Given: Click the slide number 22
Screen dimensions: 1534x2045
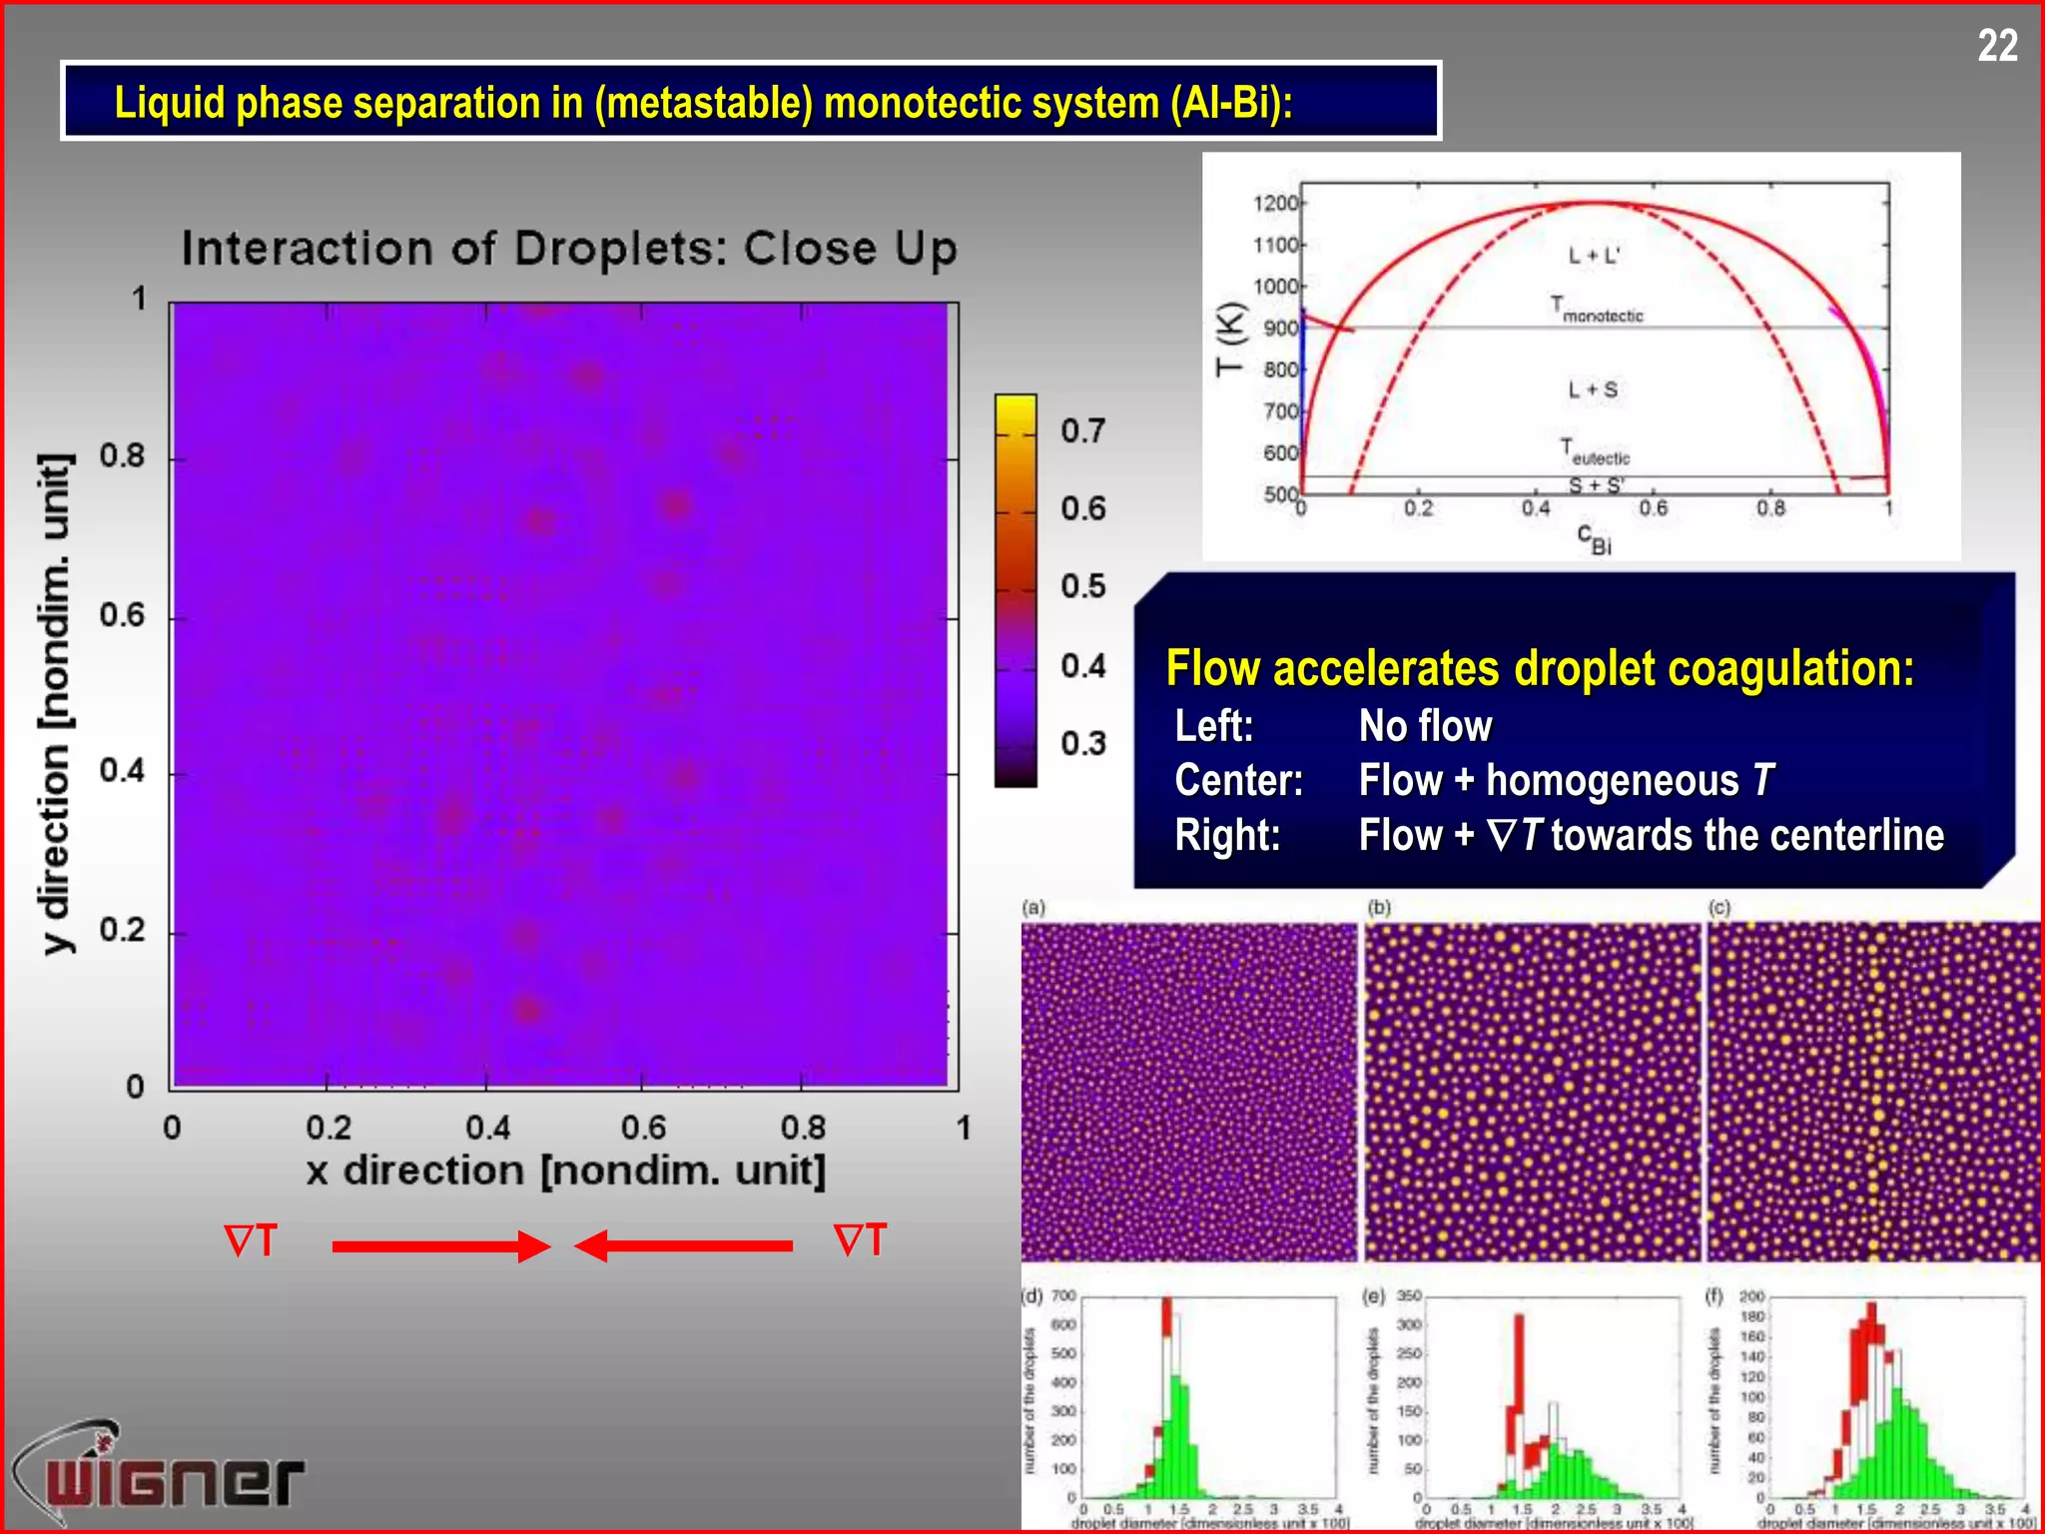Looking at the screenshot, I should [x=1997, y=46].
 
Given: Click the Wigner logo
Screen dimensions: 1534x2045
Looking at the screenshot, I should [x=160, y=1474].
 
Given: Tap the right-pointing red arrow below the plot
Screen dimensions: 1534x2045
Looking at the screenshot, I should [x=440, y=1245].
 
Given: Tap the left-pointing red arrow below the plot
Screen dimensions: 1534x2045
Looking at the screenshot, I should [x=684, y=1245].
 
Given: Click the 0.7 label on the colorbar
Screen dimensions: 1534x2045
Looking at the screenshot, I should [x=1082, y=431].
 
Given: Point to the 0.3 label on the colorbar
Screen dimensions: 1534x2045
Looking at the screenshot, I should [x=1082, y=743].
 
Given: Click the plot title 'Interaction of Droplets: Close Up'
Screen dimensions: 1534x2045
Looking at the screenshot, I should [x=569, y=248].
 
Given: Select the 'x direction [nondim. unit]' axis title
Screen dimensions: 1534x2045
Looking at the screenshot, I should [x=566, y=1169].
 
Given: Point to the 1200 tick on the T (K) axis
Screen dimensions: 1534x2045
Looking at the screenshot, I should [x=1275, y=203].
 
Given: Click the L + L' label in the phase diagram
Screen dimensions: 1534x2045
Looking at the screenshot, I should [x=1594, y=256].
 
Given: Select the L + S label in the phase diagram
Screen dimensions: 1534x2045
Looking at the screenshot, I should [x=1593, y=389].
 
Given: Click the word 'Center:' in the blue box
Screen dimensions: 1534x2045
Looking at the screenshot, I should [x=1238, y=780].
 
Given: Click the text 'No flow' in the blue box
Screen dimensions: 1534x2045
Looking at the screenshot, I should [x=1425, y=726].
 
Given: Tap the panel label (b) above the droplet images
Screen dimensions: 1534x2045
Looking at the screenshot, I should [x=1379, y=907].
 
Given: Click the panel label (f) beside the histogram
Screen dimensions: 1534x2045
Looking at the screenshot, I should [x=1714, y=1296].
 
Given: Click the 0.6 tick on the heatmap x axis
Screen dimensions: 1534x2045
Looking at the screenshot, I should [x=643, y=1128].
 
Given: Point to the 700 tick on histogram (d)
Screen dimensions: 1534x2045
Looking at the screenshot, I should [x=1063, y=1296].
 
